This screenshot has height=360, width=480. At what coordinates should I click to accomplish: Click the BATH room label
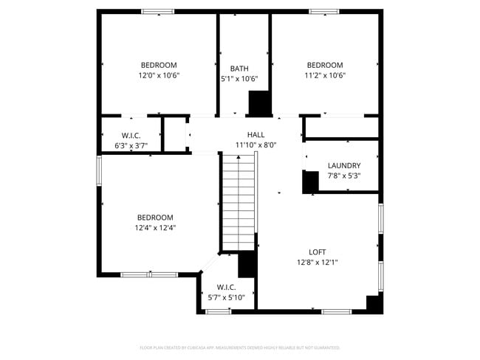tap(239, 69)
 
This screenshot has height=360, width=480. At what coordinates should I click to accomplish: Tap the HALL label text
tap(256, 134)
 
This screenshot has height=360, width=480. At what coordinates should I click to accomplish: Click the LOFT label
tap(318, 251)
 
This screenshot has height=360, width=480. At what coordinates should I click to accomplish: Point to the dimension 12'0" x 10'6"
tap(159, 75)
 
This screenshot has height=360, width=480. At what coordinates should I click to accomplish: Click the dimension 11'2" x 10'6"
tap(325, 75)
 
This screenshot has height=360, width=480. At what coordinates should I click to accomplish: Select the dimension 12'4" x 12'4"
tap(155, 228)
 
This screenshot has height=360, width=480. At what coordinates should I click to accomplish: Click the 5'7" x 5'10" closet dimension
tap(226, 297)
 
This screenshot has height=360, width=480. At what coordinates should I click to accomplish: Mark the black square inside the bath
tap(259, 103)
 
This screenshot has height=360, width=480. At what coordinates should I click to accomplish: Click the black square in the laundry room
tap(311, 181)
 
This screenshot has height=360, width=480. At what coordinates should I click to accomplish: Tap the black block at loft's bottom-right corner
tap(374, 303)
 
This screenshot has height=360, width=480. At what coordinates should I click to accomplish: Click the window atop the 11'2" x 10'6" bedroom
tap(324, 12)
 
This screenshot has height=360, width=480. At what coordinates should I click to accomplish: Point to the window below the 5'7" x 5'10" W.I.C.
tap(218, 311)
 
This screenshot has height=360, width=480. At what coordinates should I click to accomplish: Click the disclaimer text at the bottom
tap(240, 347)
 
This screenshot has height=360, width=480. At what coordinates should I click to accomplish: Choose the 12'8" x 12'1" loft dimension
tap(318, 262)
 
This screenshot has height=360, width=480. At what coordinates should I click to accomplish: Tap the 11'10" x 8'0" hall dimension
tap(256, 145)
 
